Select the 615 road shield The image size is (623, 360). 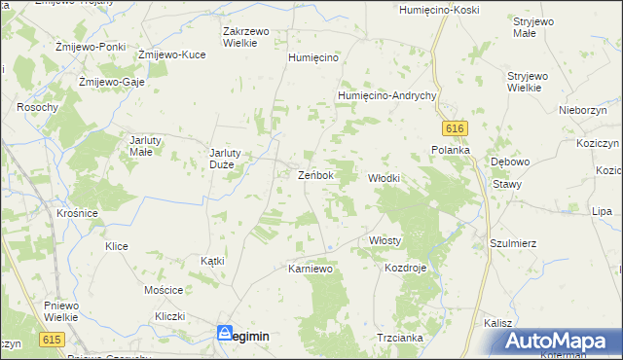(53, 340)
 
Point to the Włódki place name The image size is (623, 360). (384, 178)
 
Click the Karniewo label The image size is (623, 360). (311, 268)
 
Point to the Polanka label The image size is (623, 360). (451, 150)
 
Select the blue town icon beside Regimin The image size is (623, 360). (225, 333)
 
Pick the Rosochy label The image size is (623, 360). (37, 107)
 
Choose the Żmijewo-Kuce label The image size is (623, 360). (171, 54)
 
